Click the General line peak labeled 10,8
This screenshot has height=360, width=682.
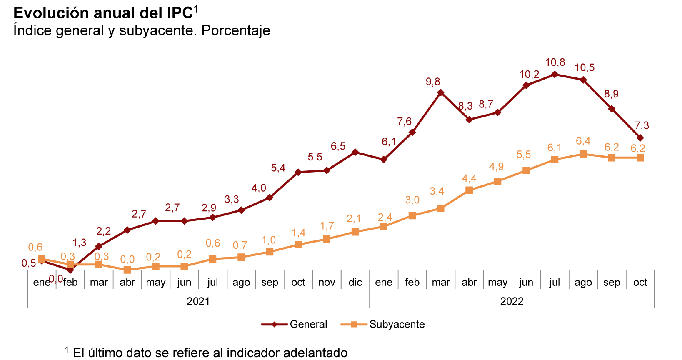click(x=555, y=75)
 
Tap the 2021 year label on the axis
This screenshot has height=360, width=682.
click(x=198, y=301)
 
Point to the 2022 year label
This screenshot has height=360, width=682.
click(x=512, y=301)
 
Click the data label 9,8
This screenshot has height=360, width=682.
click(x=433, y=82)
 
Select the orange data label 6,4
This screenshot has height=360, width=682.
click(x=583, y=141)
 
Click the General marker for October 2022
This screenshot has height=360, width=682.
click(x=640, y=138)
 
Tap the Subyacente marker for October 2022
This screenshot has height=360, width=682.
click(x=640, y=157)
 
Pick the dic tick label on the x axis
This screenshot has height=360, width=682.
click(x=355, y=282)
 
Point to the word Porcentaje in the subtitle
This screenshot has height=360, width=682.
click(x=236, y=30)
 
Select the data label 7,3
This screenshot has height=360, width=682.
click(x=642, y=125)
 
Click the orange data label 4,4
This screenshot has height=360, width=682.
click(x=469, y=179)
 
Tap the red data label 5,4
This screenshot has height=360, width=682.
click(x=278, y=168)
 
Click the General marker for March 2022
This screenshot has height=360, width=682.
click(x=441, y=92)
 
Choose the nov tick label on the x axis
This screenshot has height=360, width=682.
click(x=327, y=282)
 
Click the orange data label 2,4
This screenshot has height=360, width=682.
click(x=385, y=217)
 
